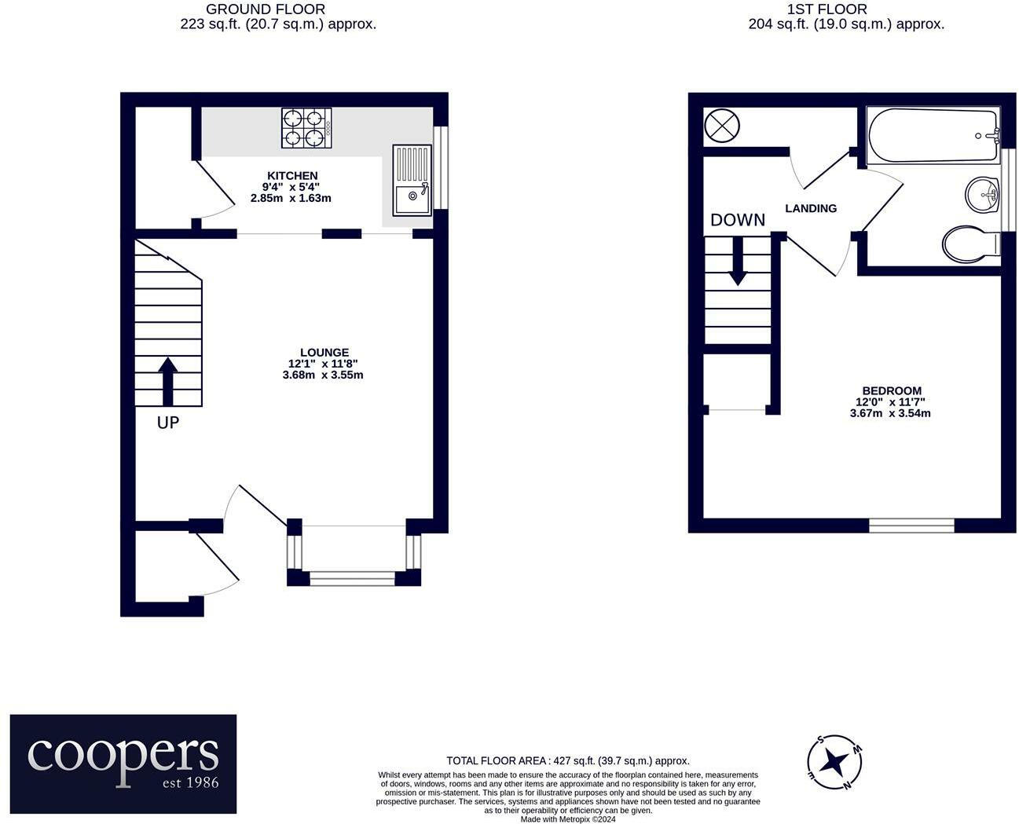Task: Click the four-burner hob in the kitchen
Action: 306,128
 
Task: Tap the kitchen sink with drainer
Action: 412,180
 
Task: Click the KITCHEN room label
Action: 292,175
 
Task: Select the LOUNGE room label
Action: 324,353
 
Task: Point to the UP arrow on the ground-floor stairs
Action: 168,382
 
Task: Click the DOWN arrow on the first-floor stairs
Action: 737,260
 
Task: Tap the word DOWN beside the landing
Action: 737,220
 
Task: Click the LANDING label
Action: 811,208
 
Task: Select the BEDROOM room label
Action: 891,390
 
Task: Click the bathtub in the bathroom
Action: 933,135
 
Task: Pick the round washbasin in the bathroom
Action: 981,193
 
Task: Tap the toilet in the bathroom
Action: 970,244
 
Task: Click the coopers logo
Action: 123,763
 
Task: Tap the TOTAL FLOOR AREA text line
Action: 567,760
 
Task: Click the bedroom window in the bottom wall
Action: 911,525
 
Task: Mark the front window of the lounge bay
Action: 352,579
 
